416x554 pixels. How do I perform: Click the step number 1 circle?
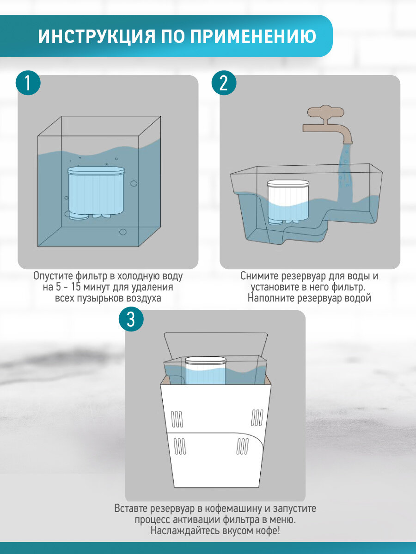pos(28,83)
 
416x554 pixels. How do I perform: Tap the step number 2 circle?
pos(224,83)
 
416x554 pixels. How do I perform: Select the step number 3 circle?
pos(131,319)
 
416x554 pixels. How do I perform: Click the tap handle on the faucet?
pos(326,113)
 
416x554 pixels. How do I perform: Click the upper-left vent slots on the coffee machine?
pos(177,419)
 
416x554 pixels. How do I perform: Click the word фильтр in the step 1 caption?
pos(91,277)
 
